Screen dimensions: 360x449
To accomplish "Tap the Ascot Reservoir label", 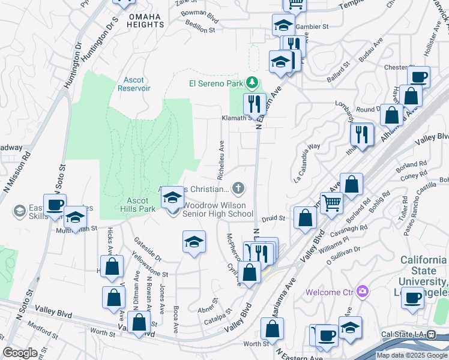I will pyautogui.click(x=133, y=84).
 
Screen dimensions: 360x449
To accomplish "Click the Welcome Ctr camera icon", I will pyautogui.click(x=361, y=292).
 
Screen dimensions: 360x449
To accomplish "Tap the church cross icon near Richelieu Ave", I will pyautogui.click(x=238, y=189).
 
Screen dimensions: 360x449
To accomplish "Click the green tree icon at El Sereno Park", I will pyautogui.click(x=253, y=82).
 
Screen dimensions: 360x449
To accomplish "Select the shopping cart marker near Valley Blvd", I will pyautogui.click(x=331, y=203).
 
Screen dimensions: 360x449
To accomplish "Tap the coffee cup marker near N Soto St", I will pyautogui.click(x=55, y=205).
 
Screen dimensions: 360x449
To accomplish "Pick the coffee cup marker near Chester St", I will pyautogui.click(x=418, y=77).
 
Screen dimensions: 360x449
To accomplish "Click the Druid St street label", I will pyautogui.click(x=273, y=218).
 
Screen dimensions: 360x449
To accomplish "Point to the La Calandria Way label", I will pyautogui.click(x=307, y=163).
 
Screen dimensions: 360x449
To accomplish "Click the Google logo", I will pyautogui.click(x=20, y=353).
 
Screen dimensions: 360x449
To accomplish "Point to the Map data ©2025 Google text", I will pyautogui.click(x=412, y=355).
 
